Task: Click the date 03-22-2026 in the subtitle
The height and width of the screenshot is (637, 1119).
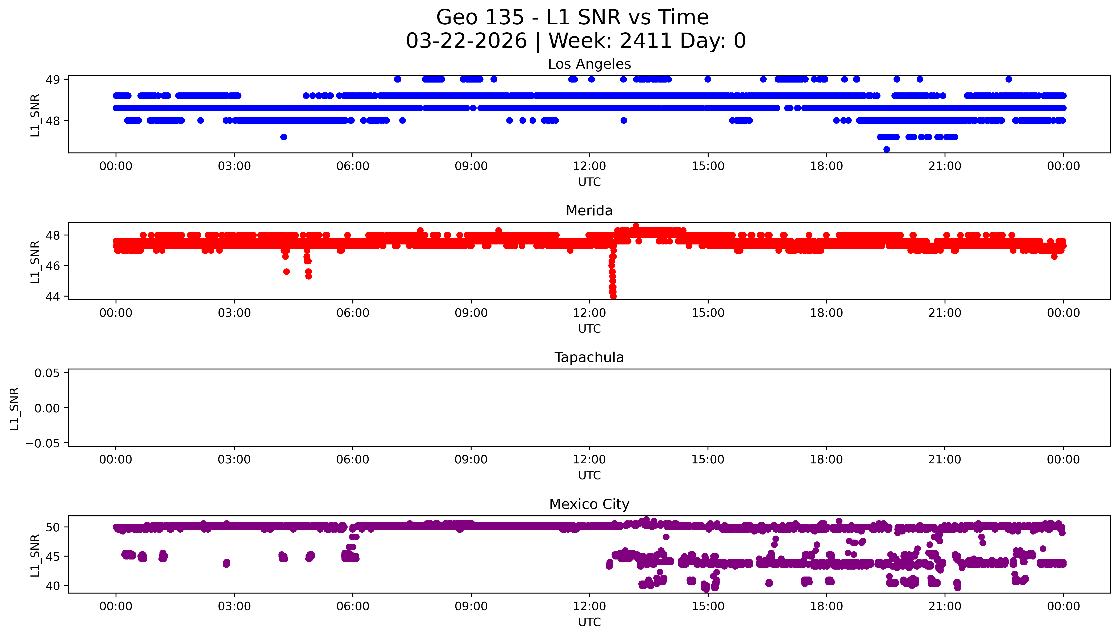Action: [x=466, y=41]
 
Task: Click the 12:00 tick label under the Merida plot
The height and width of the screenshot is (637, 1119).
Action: [x=589, y=313]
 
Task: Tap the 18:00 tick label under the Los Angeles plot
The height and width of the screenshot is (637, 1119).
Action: [x=826, y=166]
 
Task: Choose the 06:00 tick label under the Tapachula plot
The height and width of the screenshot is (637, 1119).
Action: [x=353, y=460]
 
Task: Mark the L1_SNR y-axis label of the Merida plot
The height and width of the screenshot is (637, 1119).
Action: [x=35, y=262]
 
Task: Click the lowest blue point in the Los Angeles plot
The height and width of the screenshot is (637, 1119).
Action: [x=887, y=150]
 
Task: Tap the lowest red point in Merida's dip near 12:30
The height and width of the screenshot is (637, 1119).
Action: [x=614, y=296]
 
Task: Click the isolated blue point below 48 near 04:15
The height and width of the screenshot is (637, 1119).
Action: [x=283, y=137]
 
